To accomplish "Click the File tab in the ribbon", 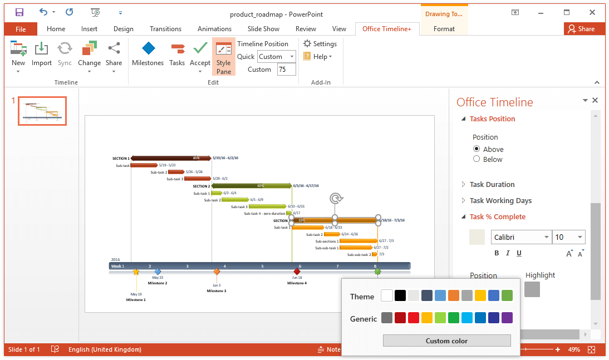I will pos(21,29).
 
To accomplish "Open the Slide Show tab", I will pos(263,29).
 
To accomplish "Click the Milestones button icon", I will pos(148,50).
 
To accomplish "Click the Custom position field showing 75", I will pos(286,70).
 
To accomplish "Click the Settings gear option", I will pos(320,44).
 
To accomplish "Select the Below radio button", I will pos(477,159).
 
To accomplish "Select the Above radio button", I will pos(477,149).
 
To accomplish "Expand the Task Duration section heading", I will pos(492,185).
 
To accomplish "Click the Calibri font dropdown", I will pos(521,237).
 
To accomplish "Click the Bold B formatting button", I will pos(497,254).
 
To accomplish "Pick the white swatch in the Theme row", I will pos(387,296).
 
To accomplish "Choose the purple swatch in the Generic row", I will pos(507,318).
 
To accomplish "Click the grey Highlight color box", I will pos(532,289).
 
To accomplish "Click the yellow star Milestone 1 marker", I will pos(136,272).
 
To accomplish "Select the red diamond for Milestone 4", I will pos(297,272).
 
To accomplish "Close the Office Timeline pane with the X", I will pos(595,100).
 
